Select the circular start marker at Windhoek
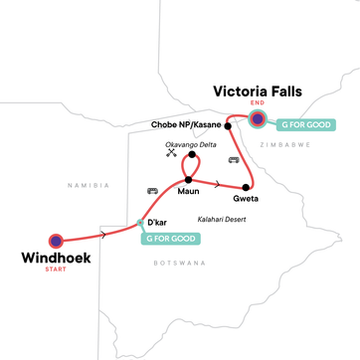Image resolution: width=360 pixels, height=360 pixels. coord(57,240)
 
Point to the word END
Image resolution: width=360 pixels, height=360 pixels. coord(258,105)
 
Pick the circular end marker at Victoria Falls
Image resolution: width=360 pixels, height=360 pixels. coord(258,120)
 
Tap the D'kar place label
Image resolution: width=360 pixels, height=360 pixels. coord(160,221)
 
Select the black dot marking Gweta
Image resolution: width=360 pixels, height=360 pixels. coord(246,188)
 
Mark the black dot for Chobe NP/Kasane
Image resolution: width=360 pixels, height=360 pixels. coord(228,126)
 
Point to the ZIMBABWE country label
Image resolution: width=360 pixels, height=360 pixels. coord(283,143)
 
